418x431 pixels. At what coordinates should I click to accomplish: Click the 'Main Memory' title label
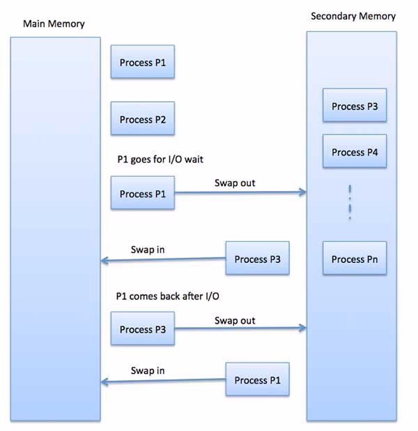pos(54,24)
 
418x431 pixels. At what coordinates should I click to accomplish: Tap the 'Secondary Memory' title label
pos(353,16)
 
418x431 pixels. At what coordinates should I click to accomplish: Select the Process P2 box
pos(142,119)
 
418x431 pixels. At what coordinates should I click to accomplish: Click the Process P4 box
pos(354,152)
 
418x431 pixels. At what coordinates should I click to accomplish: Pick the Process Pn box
pos(354,259)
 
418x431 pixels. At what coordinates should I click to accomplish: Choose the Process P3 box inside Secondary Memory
pos(354,107)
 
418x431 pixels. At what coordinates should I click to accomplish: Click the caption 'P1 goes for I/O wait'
pos(160,160)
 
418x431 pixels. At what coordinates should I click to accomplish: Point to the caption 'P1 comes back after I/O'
pos(167,296)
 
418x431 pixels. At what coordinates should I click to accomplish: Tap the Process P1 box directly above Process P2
pos(142,63)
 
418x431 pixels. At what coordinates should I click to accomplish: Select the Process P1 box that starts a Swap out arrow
pos(142,194)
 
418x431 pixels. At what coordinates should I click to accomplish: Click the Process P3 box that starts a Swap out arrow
pos(142,329)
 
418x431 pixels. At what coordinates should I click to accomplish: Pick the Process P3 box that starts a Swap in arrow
pos(257,259)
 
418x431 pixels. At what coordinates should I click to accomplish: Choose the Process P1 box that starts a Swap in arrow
pos(257,380)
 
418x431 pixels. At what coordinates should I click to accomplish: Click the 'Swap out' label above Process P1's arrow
pos(235,183)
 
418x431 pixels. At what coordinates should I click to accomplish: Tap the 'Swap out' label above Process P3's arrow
pos(235,321)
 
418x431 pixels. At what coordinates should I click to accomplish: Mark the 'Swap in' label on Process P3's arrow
pos(148,250)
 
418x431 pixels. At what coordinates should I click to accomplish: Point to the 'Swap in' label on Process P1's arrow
pos(148,370)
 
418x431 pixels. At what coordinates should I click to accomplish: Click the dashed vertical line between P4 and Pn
pos(350,203)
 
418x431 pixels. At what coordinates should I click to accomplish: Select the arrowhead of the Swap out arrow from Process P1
pos(303,192)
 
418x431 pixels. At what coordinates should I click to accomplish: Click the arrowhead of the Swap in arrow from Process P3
pos(104,262)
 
